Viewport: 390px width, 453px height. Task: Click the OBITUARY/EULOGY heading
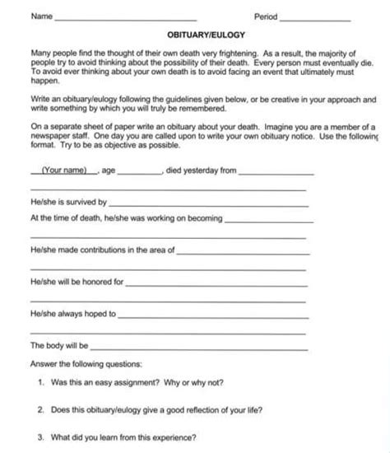coord(195,37)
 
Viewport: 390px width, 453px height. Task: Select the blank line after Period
coord(316,18)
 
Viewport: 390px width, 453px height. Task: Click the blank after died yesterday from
coord(275,173)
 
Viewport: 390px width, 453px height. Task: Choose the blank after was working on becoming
coord(268,220)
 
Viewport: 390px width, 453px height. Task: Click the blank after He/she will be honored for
coord(217,282)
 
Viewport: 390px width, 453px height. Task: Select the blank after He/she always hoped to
coord(214,314)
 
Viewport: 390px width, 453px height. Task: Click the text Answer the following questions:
coord(86,362)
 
